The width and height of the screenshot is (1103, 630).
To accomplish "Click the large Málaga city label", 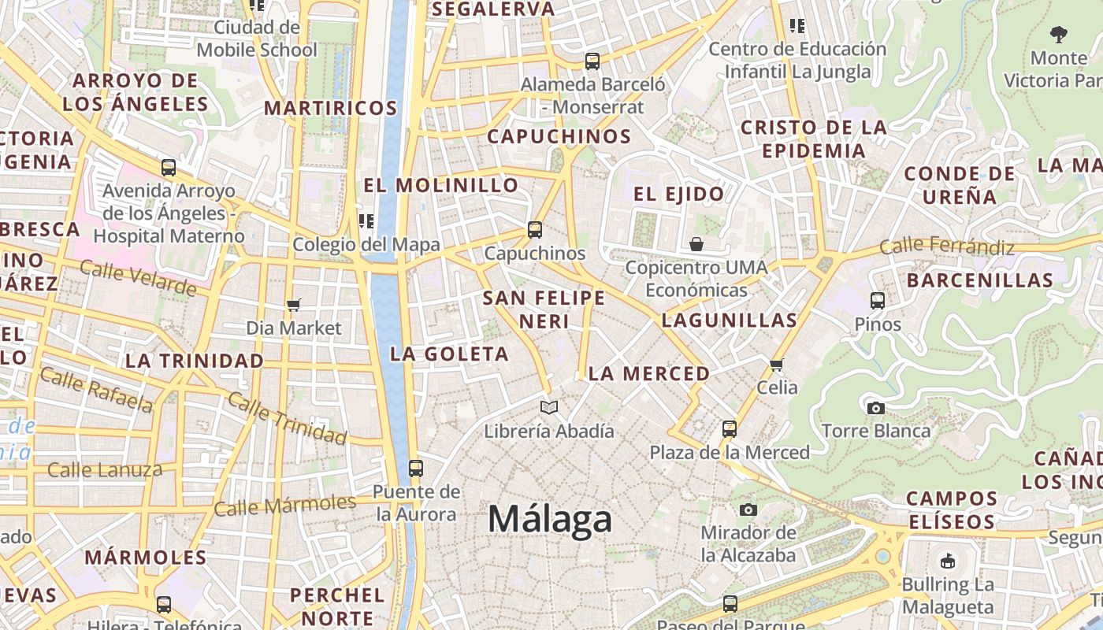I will pyautogui.click(x=549, y=520).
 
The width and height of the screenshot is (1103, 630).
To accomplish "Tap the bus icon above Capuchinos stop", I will pyautogui.click(x=535, y=230).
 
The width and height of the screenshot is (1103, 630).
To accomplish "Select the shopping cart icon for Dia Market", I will pyautogui.click(x=294, y=305).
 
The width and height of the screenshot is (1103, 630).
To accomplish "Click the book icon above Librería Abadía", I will pyautogui.click(x=549, y=407).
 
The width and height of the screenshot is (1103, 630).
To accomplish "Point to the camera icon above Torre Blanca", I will pyautogui.click(x=875, y=408).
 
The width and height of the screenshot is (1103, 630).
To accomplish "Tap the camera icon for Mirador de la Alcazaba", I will pyautogui.click(x=748, y=510).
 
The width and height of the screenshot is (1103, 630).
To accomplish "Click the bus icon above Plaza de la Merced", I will pyautogui.click(x=730, y=429).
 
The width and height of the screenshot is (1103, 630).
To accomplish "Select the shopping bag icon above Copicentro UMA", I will pyautogui.click(x=696, y=244).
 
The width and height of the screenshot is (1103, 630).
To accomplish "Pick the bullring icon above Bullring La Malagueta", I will pyautogui.click(x=947, y=561).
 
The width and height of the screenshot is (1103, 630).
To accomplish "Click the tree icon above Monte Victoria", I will pyautogui.click(x=1058, y=34).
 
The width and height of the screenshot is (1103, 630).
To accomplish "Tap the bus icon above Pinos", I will pyautogui.click(x=877, y=300).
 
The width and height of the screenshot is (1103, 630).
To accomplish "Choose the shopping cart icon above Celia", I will pyautogui.click(x=777, y=365).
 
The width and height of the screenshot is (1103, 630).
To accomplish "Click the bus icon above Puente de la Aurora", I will pyautogui.click(x=416, y=469).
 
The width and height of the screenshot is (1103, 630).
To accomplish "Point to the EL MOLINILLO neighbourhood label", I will pyautogui.click(x=441, y=186).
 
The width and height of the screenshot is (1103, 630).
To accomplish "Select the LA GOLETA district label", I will pyautogui.click(x=449, y=354).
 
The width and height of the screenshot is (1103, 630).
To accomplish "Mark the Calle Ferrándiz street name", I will pyautogui.click(x=947, y=246).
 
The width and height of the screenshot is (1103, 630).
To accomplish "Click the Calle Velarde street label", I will pyautogui.click(x=138, y=278).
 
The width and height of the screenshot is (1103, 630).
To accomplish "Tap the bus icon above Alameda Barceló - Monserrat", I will pyautogui.click(x=592, y=61).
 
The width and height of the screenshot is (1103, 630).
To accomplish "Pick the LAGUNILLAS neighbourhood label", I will pyautogui.click(x=729, y=321).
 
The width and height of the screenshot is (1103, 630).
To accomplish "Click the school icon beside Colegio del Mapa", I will pyautogui.click(x=366, y=221).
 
